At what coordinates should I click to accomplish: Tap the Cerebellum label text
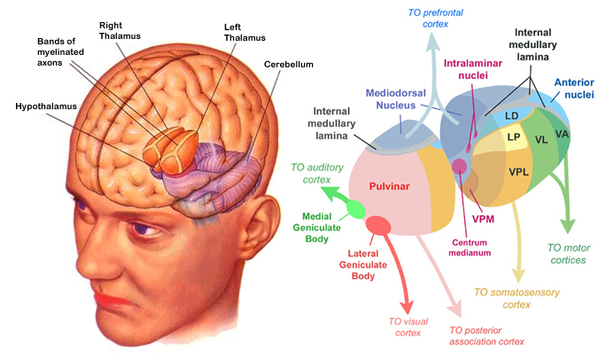pos(288,65)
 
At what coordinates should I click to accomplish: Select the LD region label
pos(511,116)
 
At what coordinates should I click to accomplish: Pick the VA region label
pos(561,134)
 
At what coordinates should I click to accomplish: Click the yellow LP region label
pos(512,137)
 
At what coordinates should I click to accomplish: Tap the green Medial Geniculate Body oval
pos(355,209)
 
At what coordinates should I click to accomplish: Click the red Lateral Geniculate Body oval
pos(379,225)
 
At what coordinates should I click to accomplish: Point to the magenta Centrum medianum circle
pos(459,166)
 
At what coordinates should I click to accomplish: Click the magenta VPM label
pos(484,219)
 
